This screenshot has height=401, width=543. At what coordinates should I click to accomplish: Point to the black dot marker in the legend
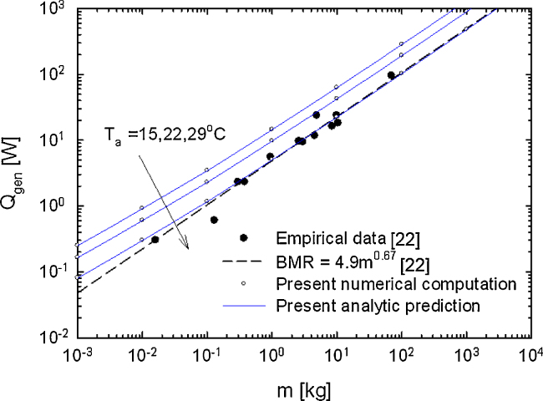[x=244, y=239]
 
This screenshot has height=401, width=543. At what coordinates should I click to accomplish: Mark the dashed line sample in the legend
[x=244, y=262]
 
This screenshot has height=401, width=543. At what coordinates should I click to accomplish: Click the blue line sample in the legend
[x=244, y=306]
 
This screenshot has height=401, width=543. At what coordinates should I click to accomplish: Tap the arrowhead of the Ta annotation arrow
[x=187, y=247]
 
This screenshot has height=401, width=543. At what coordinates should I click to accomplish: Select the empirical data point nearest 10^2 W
[x=391, y=76]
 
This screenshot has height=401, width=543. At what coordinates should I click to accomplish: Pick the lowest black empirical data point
[x=155, y=240]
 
